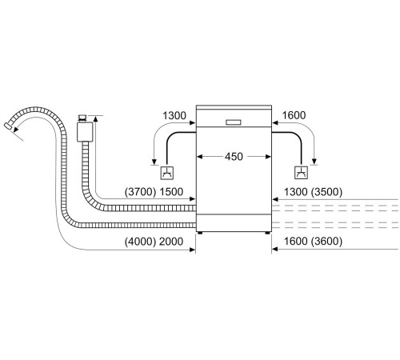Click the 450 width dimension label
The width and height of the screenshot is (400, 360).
coord(234,157)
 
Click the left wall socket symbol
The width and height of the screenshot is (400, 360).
coord(166,172)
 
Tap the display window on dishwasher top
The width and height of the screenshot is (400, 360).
coord(234,122)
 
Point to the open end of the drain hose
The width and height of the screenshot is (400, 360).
coord(10,126)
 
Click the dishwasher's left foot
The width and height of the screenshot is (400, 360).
coord(202,233)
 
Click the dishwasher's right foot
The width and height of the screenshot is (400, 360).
coord(266,233)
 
